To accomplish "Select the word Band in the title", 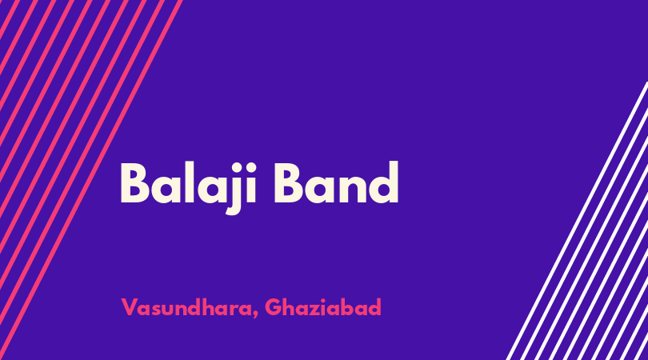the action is tap(336, 183).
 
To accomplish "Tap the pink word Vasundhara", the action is tap(186, 307).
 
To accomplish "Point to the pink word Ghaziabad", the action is tap(322, 307).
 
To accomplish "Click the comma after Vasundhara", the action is tap(256, 315).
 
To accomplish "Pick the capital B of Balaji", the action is tap(134, 183).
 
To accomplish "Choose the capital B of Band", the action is tap(289, 183).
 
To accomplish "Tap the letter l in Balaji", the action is tap(190, 182).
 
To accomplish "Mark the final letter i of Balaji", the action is tap(252, 183).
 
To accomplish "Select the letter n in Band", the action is tap(353, 189).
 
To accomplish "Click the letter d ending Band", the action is tap(384, 183).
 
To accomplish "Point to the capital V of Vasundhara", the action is tap(129, 307).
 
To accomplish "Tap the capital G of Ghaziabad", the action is tap(273, 307).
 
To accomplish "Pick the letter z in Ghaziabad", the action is tap(314, 310).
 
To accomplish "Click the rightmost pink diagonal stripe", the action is tap(91, 180).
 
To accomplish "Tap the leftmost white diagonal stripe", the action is tap(577, 221).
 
